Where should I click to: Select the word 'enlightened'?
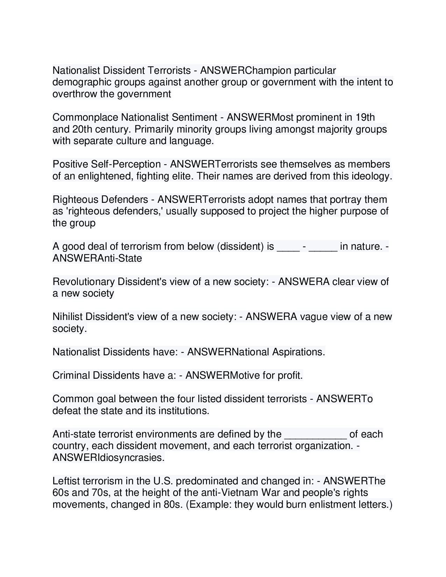point(105,176)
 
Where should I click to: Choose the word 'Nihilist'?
point(68,317)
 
